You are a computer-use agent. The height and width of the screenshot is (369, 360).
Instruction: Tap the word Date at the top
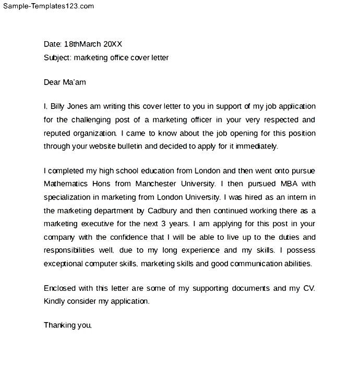click(52, 44)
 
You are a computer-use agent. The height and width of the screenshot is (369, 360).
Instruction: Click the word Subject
click(57, 58)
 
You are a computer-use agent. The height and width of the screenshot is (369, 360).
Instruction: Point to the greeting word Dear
click(52, 82)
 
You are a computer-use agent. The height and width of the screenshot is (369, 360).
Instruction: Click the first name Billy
click(59, 106)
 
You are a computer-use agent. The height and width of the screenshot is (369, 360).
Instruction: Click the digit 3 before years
click(172, 224)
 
